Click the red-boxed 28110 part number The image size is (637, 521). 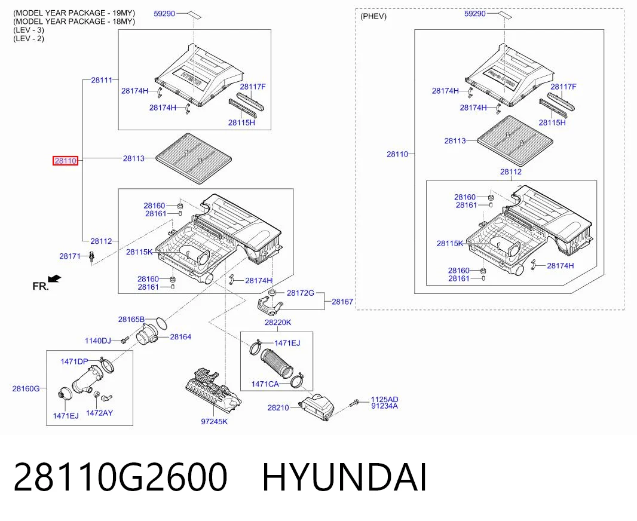(x=65, y=161)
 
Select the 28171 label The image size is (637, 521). (x=70, y=256)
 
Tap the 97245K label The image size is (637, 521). (x=214, y=421)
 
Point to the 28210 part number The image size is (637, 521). (x=278, y=407)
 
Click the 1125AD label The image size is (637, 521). (x=384, y=400)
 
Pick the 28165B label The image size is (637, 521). (x=131, y=320)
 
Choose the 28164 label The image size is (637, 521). (x=180, y=336)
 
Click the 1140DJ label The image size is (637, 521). (x=97, y=341)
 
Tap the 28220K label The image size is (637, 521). (x=278, y=323)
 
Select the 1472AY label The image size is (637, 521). (x=100, y=413)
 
